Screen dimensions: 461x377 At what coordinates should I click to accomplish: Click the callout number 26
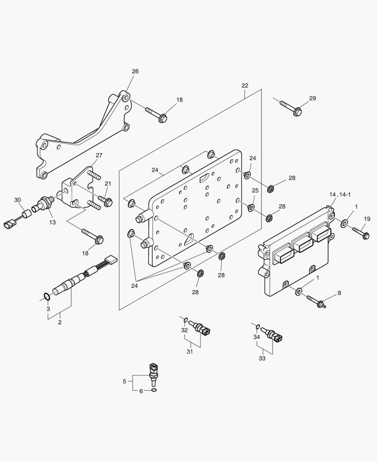click(x=135, y=71)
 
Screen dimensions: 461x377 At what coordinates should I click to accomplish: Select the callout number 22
click(x=244, y=85)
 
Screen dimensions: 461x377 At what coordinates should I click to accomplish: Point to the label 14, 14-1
click(x=340, y=195)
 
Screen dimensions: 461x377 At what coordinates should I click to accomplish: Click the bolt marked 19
click(x=360, y=232)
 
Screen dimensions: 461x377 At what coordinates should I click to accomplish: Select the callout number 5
click(x=124, y=381)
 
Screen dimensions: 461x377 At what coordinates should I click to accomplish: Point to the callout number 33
click(x=262, y=359)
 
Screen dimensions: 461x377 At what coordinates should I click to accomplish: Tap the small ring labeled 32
click(x=186, y=320)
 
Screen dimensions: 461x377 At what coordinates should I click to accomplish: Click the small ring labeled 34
click(x=258, y=327)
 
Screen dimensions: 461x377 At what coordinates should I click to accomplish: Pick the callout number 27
click(x=99, y=155)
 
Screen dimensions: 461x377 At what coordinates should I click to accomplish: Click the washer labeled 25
click(x=251, y=208)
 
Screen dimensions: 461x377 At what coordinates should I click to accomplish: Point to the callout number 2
click(x=60, y=322)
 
